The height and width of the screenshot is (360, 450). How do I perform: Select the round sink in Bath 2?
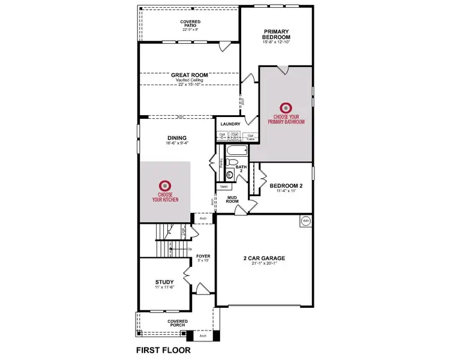coord(231,175)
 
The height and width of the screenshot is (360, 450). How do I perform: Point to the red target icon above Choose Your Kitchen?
coord(165,187)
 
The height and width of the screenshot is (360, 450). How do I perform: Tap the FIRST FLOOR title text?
coord(163,350)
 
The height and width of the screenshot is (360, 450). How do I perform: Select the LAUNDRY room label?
coord(230,124)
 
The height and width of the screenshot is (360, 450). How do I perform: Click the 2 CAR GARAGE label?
coord(264,259)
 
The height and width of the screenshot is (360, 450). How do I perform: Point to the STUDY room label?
coord(164,282)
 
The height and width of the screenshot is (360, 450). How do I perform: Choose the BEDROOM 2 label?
coord(286,186)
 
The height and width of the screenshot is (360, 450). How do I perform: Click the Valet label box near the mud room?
coord(224,187)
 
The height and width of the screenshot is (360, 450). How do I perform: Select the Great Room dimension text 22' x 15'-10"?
coord(189,85)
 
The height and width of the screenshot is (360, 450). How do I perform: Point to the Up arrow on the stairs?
coord(190,248)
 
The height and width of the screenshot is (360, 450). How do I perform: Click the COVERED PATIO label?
coord(190,24)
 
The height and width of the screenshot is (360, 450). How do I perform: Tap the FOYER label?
coord(203,256)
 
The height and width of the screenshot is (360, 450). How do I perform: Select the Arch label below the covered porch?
coord(203,336)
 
